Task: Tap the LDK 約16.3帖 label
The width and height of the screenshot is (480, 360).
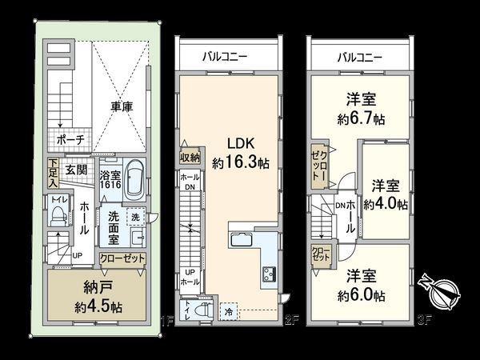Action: (240, 153)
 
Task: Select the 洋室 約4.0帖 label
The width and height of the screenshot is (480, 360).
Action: (386, 195)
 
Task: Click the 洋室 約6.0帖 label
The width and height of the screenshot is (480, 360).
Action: (362, 285)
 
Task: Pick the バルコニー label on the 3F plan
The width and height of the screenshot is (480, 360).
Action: (359, 58)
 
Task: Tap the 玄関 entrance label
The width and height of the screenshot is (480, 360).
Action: (77, 170)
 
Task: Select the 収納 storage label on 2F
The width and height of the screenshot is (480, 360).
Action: (189, 158)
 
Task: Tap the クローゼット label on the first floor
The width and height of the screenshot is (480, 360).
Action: (122, 258)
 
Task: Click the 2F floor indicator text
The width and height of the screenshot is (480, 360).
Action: (293, 322)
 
